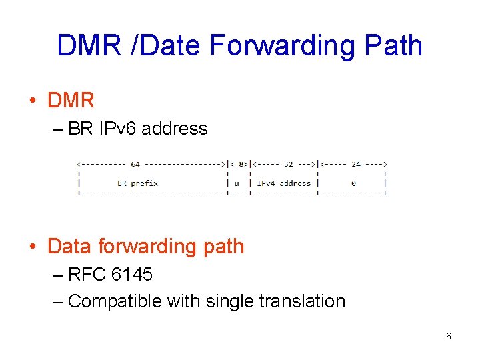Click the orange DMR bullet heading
point(71,101)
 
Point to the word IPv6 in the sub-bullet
point(117,128)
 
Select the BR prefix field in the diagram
point(137,183)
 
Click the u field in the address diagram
point(237,183)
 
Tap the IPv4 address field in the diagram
point(283,183)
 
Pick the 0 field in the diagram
point(353,183)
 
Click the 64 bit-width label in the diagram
point(135,163)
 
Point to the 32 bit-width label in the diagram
point(287,163)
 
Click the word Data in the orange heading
point(70,246)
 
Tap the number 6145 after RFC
point(133,274)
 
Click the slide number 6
point(448,337)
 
